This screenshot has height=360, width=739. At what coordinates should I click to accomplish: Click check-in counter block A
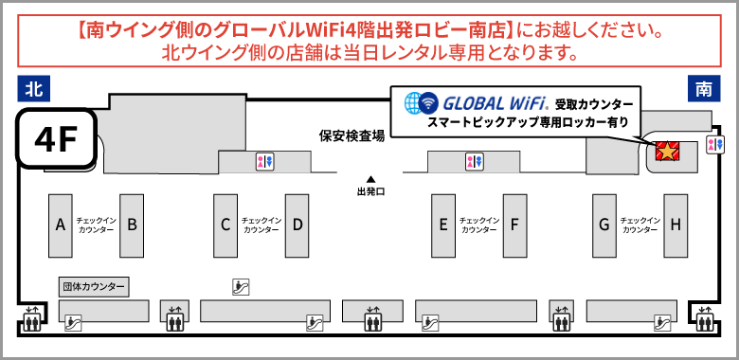pyautogui.click(x=61, y=225)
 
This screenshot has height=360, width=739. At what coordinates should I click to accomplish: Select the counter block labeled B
pyautogui.click(x=133, y=225)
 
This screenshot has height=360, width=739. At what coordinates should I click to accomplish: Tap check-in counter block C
pyautogui.click(x=225, y=225)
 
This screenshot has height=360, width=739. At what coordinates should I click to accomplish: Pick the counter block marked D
pyautogui.click(x=297, y=225)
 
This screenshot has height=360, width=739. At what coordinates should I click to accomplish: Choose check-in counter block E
pyautogui.click(x=442, y=225)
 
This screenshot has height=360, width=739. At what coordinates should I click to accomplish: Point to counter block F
pyautogui.click(x=514, y=225)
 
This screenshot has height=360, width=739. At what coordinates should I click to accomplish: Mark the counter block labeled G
pyautogui.click(x=604, y=225)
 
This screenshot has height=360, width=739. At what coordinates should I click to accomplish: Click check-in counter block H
pyautogui.click(x=676, y=225)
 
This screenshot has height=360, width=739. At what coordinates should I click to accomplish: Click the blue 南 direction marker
pyautogui.click(x=704, y=90)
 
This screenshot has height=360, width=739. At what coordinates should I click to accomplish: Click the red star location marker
pyautogui.click(x=667, y=150)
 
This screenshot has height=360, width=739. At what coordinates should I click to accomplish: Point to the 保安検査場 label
pyautogui.click(x=351, y=136)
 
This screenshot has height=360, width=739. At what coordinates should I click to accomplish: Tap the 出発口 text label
pyautogui.click(x=370, y=191)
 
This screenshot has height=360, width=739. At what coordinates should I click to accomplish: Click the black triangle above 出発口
pyautogui.click(x=370, y=179)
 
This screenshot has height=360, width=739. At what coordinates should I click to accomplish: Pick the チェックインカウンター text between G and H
pyautogui.click(x=640, y=225)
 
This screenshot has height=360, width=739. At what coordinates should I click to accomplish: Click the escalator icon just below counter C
pyautogui.click(x=241, y=285)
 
